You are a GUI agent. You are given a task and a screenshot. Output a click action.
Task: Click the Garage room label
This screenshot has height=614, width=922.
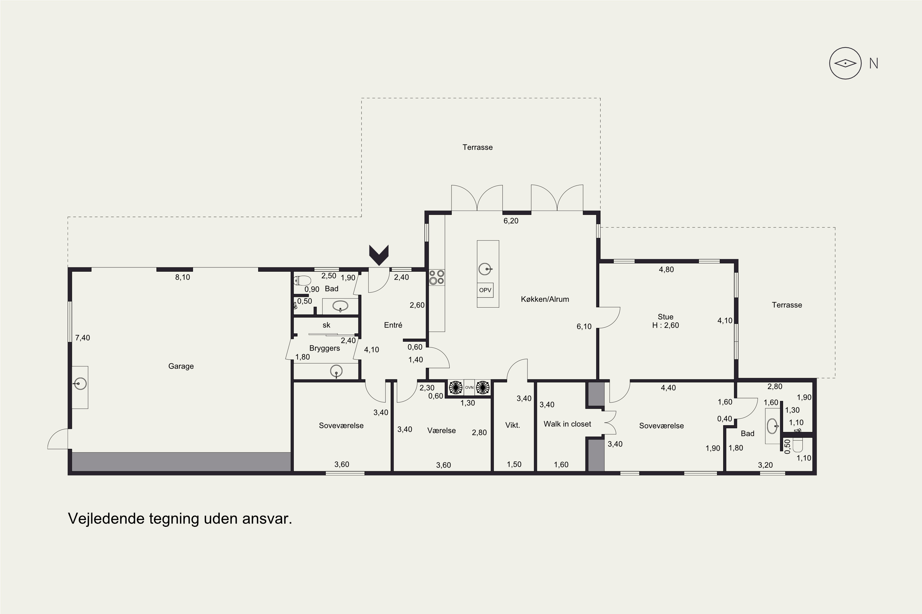[x=181, y=366]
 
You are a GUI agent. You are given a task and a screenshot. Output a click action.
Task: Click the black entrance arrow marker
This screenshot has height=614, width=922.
[x=379, y=255]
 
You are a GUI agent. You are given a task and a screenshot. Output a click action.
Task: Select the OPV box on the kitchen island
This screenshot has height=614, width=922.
[x=485, y=290]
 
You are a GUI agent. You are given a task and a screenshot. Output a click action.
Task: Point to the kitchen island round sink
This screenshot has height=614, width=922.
[x=485, y=269]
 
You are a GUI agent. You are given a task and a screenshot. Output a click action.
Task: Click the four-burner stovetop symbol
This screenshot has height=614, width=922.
[x=436, y=277]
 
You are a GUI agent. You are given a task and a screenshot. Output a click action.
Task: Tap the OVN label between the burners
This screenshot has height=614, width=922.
[x=469, y=387]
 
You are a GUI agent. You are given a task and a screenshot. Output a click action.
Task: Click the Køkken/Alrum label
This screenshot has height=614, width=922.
[x=545, y=299]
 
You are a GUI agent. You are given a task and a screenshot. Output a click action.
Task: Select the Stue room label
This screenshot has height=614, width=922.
[x=666, y=317]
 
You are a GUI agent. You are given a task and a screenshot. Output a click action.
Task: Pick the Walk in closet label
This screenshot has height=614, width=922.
[x=567, y=424]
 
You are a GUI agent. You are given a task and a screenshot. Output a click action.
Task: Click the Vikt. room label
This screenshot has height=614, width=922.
[x=513, y=425]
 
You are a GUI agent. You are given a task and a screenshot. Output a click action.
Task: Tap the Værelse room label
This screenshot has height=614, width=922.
[x=441, y=430]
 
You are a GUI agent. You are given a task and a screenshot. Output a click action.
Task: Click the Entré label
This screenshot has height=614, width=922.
[x=393, y=325]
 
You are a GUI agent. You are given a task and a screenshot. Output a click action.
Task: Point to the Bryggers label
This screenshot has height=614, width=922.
[x=325, y=348]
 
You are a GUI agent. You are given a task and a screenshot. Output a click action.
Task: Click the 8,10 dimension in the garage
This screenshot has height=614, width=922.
[x=183, y=277]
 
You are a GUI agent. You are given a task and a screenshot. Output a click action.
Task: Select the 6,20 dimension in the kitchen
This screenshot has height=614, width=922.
[x=511, y=221]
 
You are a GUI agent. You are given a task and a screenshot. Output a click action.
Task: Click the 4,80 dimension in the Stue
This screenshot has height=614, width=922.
[x=666, y=270]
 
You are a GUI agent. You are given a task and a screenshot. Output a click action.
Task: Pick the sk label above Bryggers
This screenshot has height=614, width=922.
[x=326, y=325]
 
